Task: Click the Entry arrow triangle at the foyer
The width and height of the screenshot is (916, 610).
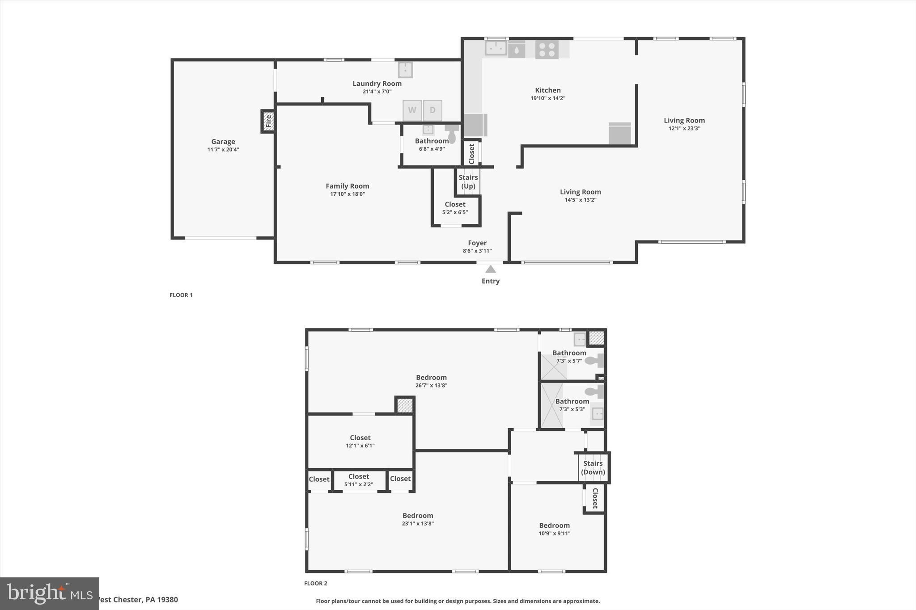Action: [x=491, y=269]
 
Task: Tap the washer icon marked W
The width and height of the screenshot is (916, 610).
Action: [x=412, y=110]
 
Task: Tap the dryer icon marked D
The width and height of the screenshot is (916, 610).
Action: [x=433, y=110]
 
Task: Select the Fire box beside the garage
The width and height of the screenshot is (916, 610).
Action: [x=268, y=121]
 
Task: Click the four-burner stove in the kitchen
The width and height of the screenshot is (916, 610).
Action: [x=547, y=49]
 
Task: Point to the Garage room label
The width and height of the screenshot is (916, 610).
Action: [x=223, y=142]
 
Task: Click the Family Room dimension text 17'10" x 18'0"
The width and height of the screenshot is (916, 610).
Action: [x=348, y=194]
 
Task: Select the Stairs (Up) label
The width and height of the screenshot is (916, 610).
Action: [x=468, y=181]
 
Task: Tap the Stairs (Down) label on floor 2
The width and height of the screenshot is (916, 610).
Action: [x=593, y=467]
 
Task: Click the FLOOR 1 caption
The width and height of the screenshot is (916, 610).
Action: [x=181, y=295]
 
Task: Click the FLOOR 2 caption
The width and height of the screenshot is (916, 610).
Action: [x=316, y=583]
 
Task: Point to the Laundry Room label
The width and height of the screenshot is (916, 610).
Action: [x=377, y=84]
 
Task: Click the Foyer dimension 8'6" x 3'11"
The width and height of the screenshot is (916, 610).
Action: [x=477, y=251]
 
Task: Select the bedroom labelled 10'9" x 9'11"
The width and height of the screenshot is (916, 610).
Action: [x=554, y=529]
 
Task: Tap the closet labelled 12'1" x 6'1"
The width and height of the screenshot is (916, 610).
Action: [x=360, y=441]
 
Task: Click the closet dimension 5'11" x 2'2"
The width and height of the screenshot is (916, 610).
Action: [x=359, y=484]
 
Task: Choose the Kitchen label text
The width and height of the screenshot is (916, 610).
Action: [x=548, y=90]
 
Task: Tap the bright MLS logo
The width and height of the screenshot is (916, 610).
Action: [x=49, y=593]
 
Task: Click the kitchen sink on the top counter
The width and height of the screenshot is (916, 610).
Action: [x=496, y=48]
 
